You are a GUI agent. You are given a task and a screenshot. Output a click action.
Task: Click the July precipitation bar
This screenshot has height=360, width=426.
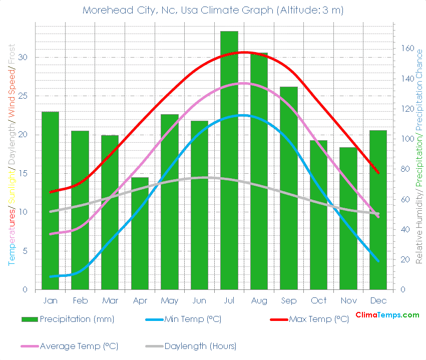[x=229, y=160]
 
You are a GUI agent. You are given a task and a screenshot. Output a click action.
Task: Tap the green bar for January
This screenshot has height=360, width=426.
[x=50, y=200]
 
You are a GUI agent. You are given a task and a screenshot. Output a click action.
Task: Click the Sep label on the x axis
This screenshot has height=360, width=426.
[x=289, y=300]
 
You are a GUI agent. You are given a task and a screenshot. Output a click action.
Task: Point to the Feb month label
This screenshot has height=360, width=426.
[x=80, y=300]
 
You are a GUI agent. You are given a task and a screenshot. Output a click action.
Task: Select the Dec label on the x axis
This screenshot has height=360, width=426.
[x=378, y=300]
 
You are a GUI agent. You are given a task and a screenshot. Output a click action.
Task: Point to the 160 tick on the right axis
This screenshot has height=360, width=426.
[x=406, y=49]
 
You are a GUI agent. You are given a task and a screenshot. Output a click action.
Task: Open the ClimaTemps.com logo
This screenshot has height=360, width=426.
[x=387, y=315]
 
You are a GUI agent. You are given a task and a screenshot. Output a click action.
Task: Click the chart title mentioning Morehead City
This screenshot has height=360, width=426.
[x=213, y=10]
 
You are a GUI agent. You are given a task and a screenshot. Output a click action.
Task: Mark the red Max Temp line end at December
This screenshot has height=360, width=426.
[x=378, y=173]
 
